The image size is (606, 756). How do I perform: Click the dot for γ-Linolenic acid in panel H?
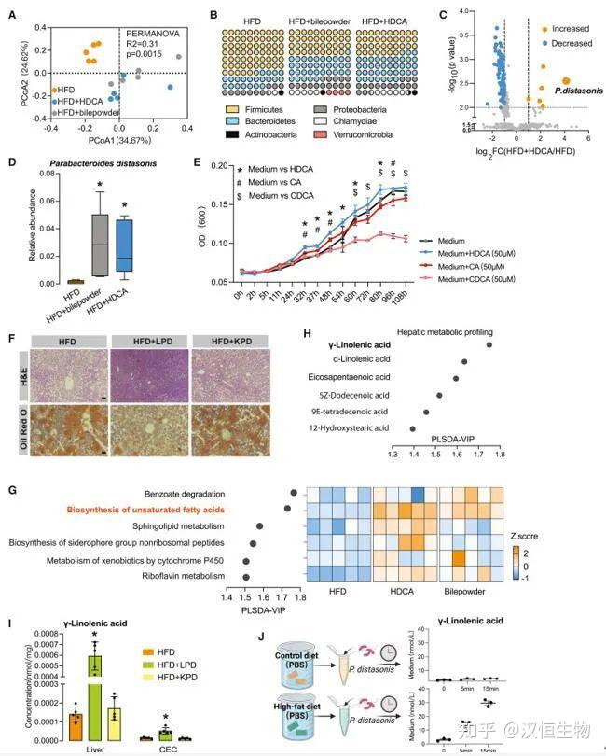tap(490, 344)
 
